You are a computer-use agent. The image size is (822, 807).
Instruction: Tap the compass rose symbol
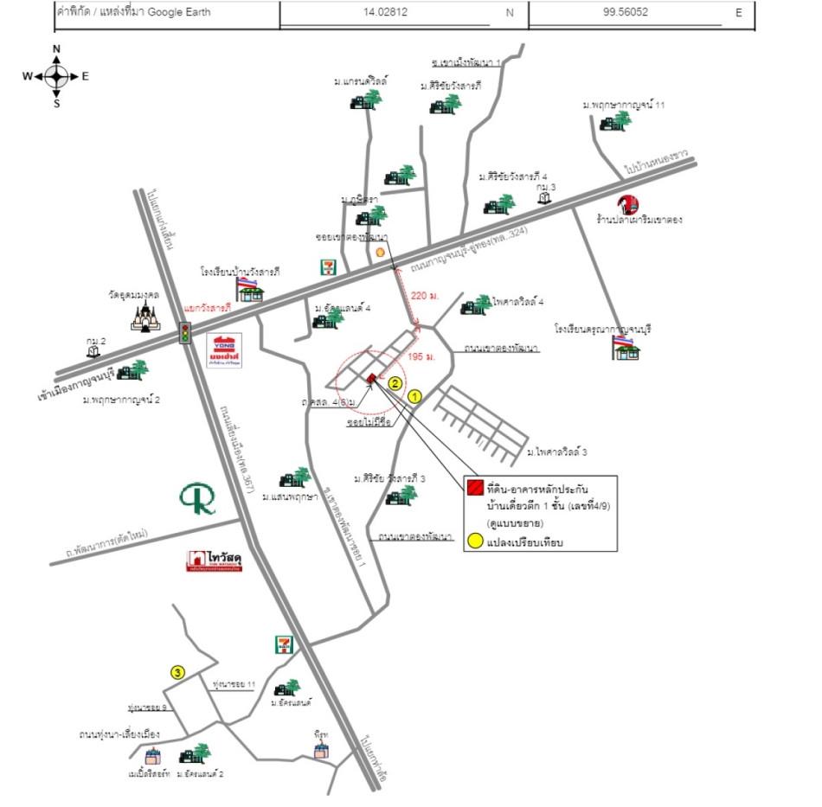(x=57, y=76)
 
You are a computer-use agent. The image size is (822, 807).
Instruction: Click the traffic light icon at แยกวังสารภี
(x=184, y=332)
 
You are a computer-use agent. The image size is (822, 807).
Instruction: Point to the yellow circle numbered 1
(x=414, y=396)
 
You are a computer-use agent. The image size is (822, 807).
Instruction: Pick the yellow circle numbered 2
(x=395, y=383)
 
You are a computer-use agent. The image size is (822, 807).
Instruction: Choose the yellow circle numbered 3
(x=177, y=671)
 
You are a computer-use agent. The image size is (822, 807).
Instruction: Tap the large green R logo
(x=198, y=499)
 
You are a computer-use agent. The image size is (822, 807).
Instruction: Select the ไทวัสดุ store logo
(x=214, y=561)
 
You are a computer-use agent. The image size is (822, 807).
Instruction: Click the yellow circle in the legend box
(x=475, y=542)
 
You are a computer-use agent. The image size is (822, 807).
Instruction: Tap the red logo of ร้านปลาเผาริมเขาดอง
(x=628, y=204)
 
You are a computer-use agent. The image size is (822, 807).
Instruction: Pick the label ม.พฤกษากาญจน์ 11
(x=623, y=105)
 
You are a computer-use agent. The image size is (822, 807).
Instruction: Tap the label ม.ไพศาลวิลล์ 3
(x=562, y=452)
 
